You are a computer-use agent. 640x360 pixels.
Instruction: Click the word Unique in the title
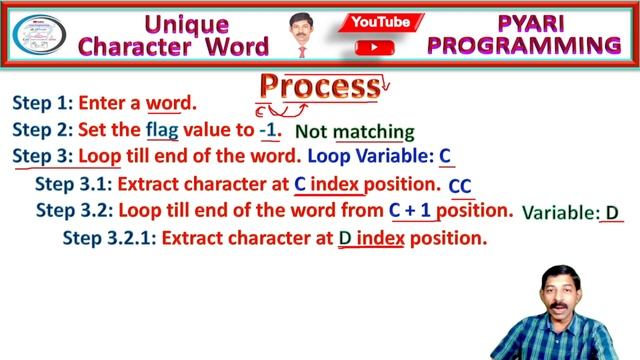(188, 21)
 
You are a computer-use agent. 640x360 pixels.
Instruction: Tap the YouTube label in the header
(381, 21)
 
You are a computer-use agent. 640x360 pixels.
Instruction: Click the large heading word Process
(319, 86)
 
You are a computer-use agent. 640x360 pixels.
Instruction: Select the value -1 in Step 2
(268, 130)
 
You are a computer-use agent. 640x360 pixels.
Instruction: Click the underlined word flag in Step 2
(163, 130)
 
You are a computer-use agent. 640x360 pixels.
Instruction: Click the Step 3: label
(41, 157)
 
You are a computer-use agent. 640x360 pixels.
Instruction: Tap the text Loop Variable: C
(380, 157)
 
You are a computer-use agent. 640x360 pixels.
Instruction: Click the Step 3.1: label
(73, 185)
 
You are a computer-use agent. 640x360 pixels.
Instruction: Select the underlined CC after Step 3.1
(460, 187)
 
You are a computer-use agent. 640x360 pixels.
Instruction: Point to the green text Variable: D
(571, 213)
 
